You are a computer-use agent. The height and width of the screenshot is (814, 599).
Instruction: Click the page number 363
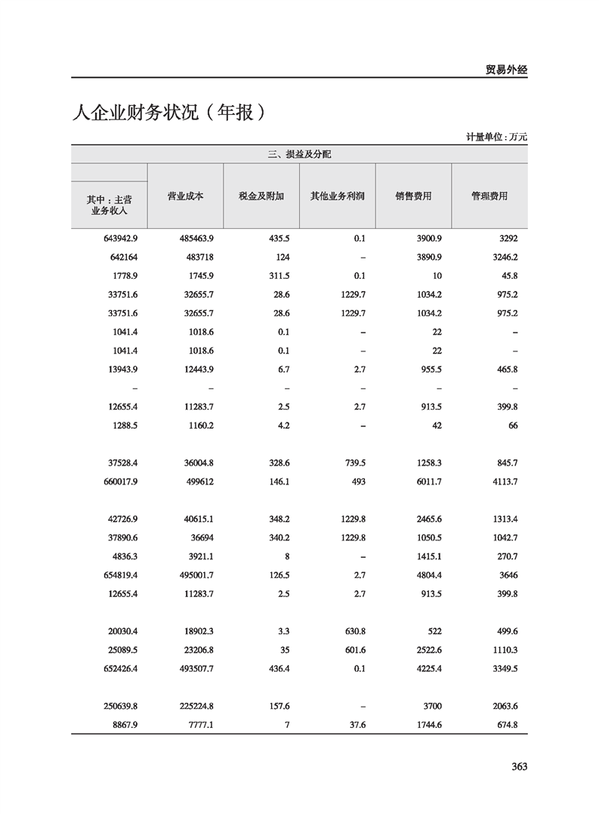[518, 766]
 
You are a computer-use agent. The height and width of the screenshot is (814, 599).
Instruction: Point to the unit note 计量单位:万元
[496, 137]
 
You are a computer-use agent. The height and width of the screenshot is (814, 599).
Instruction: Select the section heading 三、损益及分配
[299, 154]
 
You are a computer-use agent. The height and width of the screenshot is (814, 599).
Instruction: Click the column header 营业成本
[185, 196]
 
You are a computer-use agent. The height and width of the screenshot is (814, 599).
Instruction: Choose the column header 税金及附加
[261, 196]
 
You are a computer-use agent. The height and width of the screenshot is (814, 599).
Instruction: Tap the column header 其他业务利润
[338, 196]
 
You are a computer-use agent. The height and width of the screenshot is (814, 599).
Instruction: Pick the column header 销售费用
[413, 196]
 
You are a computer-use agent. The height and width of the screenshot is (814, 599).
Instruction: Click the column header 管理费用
[489, 196]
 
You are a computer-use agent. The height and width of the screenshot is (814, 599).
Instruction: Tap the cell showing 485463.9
[196, 238]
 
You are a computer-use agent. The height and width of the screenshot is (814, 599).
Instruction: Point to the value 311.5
[279, 275]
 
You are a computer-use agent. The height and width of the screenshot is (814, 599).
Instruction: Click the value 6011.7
[427, 481]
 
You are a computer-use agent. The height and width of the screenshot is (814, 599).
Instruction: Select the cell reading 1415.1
[427, 556]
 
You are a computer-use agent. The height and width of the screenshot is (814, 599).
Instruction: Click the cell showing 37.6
[355, 725]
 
